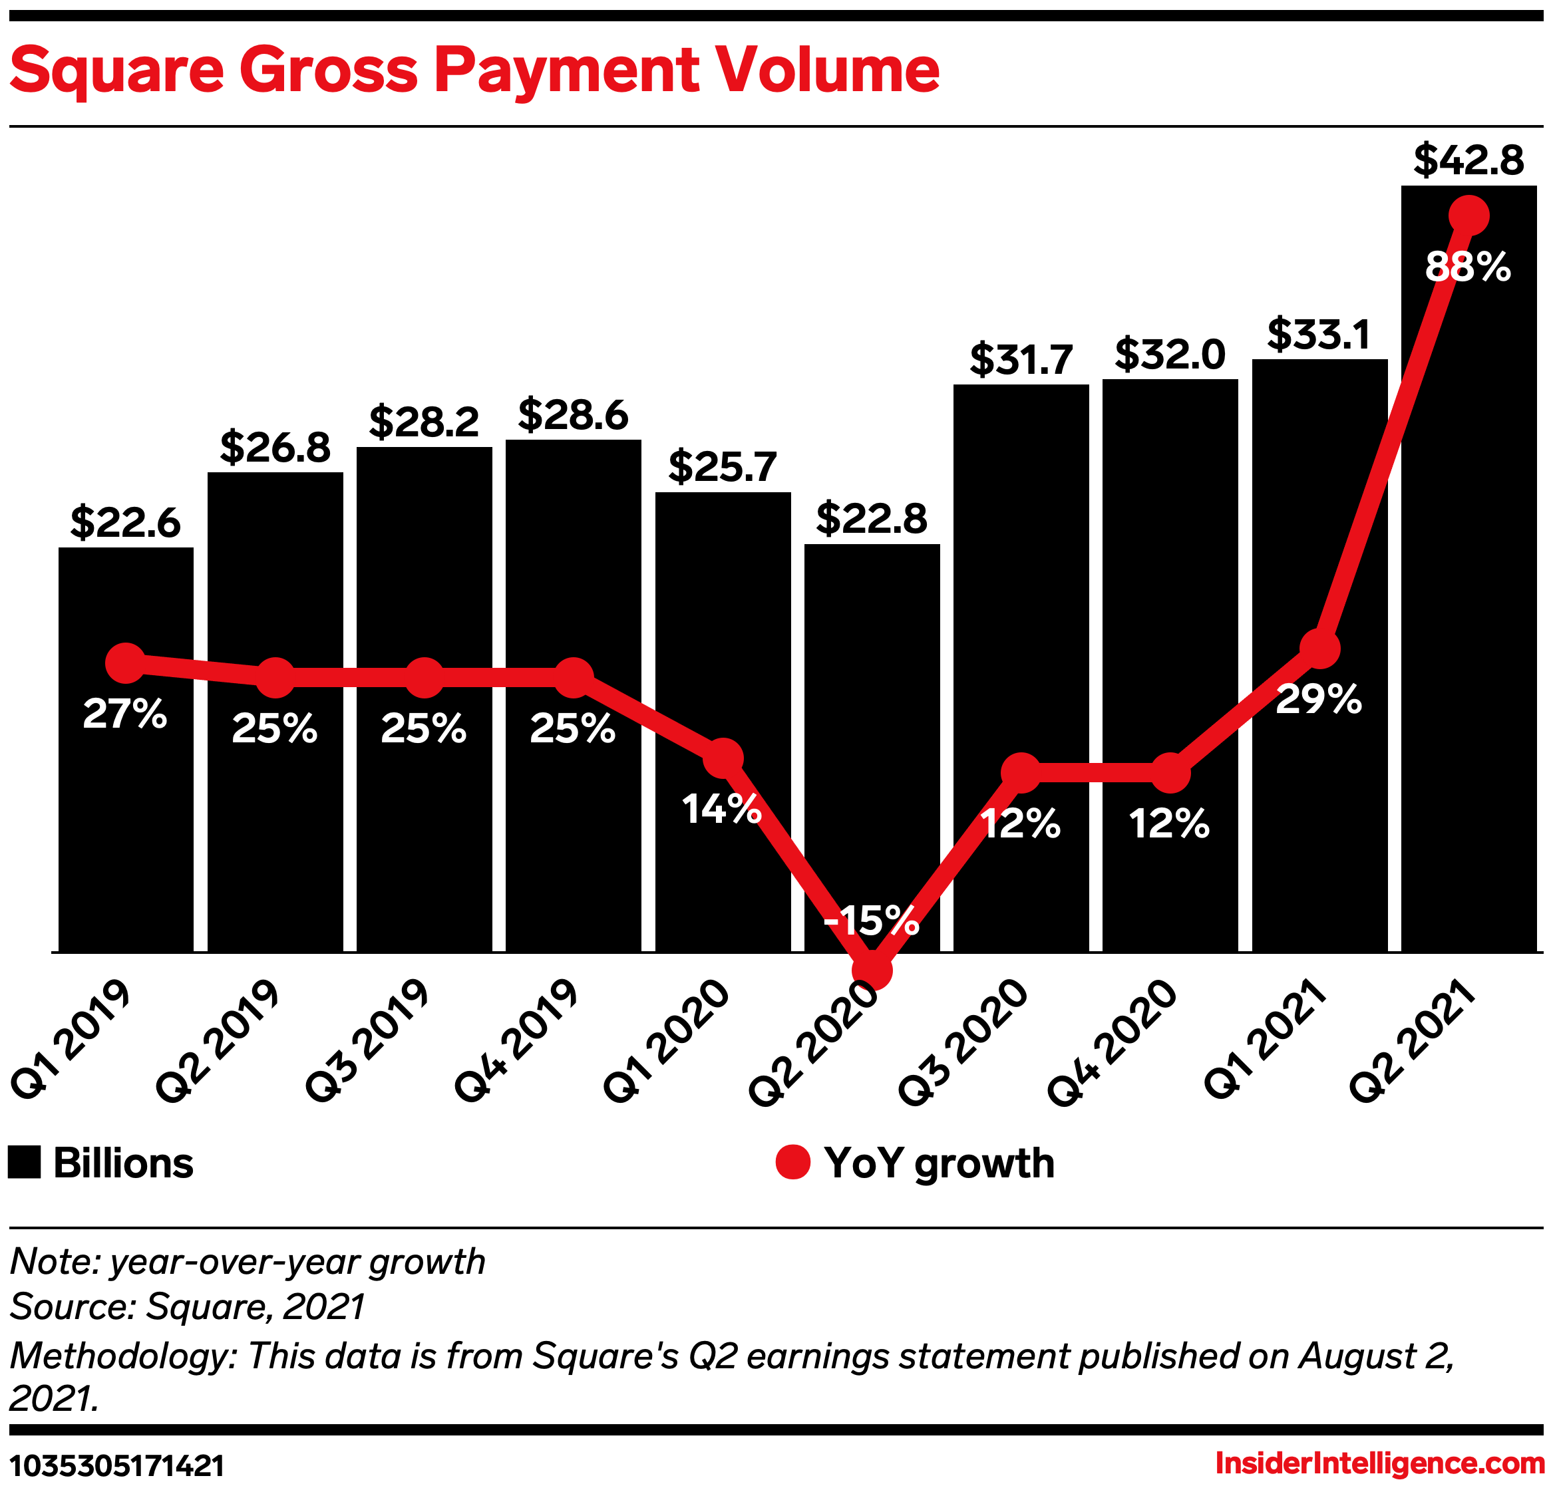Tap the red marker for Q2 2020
(872, 971)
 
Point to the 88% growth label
(1468, 268)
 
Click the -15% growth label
(872, 921)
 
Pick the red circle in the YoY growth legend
(792, 1163)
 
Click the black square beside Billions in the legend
(24, 1163)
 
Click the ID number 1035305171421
(117, 1466)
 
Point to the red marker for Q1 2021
(1319, 649)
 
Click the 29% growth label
(1319, 700)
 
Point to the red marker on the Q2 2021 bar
(1468, 216)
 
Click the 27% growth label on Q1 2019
(125, 714)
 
